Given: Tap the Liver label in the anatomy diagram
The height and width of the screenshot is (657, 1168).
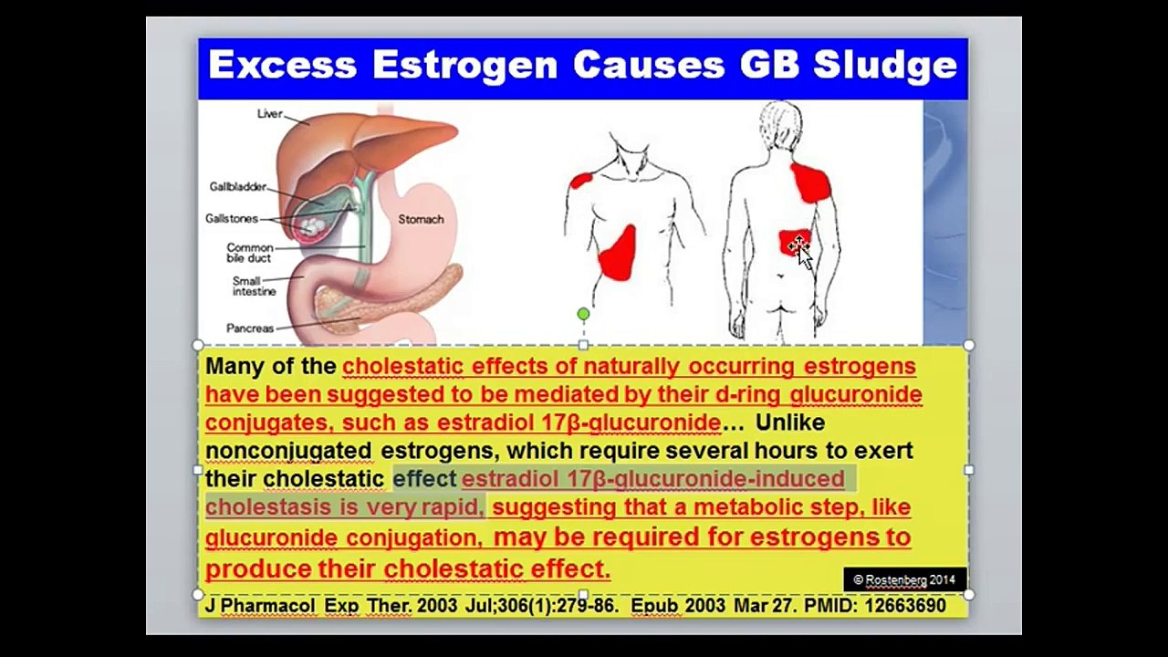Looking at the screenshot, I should [270, 114].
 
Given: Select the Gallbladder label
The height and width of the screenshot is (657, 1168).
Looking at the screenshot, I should [237, 187].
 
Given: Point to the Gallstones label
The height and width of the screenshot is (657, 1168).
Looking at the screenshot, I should [232, 219].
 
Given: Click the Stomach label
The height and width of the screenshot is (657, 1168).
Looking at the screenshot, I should [421, 220].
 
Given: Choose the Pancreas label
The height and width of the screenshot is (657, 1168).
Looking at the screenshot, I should [249, 328].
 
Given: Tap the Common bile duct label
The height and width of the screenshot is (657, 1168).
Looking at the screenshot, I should [249, 253].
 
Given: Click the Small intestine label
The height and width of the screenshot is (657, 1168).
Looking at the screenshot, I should [254, 287].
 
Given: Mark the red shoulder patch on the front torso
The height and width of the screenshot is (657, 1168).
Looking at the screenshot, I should [580, 180].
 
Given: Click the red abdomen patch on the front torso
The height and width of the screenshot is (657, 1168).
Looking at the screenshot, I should [618, 254].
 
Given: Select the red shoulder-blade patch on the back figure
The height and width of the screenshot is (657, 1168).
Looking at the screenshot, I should [810, 182].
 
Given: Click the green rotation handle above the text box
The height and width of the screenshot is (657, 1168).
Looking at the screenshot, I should [583, 314].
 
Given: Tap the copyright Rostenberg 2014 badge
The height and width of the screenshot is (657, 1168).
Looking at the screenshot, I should [903, 579].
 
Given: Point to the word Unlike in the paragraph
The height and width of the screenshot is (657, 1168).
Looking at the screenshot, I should [790, 422].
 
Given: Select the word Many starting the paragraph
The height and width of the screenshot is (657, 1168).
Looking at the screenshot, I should [233, 367].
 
